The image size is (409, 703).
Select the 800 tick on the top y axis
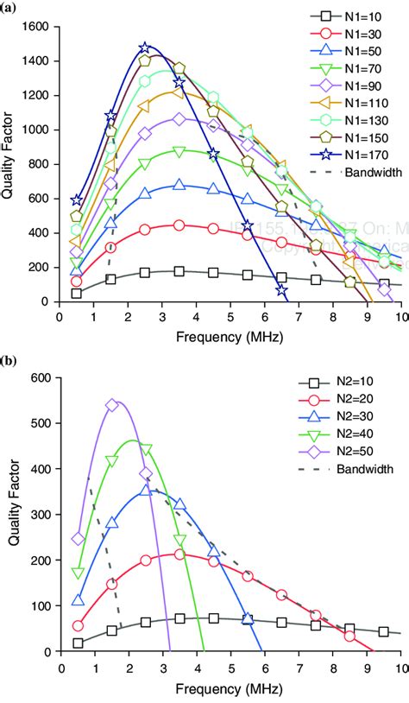pyautogui.click(x=40, y=164)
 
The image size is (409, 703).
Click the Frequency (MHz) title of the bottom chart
pyautogui.click(x=230, y=690)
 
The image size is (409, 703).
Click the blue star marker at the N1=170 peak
pyautogui.click(x=145, y=47)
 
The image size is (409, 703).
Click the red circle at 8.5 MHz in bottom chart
pyautogui.click(x=349, y=636)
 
